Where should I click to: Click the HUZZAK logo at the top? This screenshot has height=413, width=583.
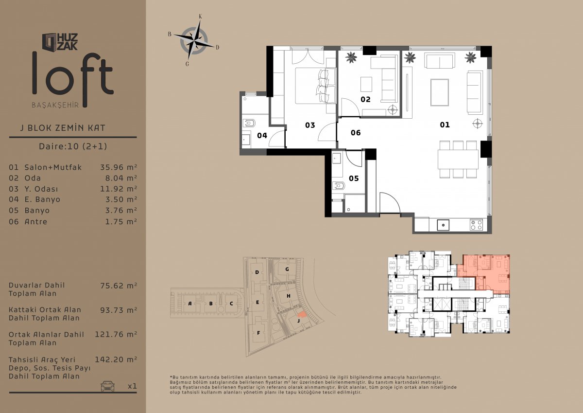60,42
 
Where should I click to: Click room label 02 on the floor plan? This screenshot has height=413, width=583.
365,99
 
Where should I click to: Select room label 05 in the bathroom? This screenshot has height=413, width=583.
354,179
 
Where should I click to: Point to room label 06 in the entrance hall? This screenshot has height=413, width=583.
356,133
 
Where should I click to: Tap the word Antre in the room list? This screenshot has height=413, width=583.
36,222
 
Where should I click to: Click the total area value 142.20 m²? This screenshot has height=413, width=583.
116,359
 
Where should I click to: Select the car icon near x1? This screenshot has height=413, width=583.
107,386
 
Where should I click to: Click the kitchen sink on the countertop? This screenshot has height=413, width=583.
443,225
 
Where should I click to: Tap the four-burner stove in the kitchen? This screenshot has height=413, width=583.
476,225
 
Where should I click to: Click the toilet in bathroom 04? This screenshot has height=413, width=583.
249,123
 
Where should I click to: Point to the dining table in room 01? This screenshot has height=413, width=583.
458,159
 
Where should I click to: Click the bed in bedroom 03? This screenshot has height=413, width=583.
315,86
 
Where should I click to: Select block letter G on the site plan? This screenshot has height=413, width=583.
287,269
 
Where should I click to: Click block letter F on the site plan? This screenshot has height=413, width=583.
258,333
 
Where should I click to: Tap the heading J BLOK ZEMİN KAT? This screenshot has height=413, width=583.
63,128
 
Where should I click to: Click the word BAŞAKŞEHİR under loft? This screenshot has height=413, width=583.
55,105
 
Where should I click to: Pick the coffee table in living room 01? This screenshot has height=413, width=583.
440,92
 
